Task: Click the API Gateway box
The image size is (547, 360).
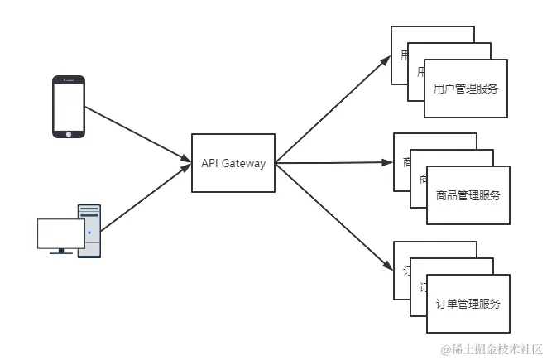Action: click(233, 163)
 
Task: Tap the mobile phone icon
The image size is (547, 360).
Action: click(69, 107)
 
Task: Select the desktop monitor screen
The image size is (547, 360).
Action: click(60, 233)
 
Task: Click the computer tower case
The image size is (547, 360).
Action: click(89, 232)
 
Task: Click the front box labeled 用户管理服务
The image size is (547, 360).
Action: click(466, 89)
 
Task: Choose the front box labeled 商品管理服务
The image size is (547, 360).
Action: click(468, 196)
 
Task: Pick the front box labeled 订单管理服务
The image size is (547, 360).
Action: click(468, 303)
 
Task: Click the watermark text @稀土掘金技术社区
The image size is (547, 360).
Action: click(491, 348)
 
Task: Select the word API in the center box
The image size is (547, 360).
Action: click(210, 163)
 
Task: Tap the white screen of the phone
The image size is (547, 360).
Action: click(69, 106)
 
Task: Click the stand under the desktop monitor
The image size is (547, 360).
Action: click(60, 251)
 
